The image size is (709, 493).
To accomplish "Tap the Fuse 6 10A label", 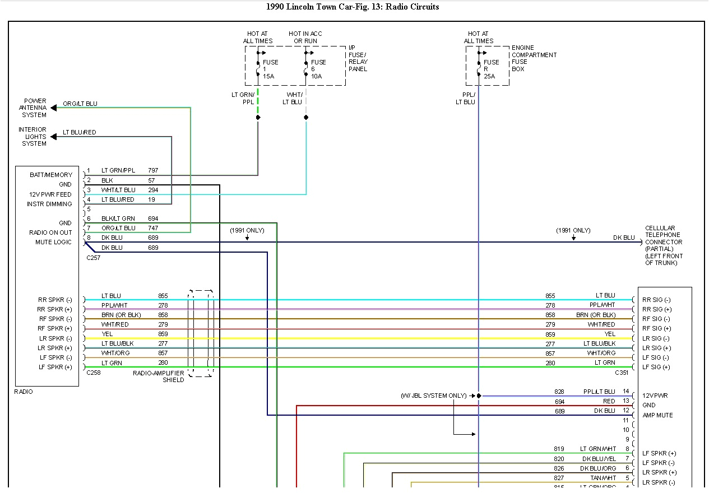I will tap(318, 69).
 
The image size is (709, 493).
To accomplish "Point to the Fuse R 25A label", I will tap(491, 69).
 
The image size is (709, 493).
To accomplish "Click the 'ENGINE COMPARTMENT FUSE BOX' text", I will tap(534, 58).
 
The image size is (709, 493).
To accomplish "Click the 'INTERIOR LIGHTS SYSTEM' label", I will tap(33, 137).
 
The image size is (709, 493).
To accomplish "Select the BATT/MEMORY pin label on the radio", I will tap(51, 175).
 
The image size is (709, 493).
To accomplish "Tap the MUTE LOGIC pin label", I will tap(53, 242).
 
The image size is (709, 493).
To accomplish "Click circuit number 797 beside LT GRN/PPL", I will tap(153, 170).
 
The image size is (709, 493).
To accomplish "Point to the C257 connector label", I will tap(93, 258).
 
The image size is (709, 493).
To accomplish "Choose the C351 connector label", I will tap(622, 373).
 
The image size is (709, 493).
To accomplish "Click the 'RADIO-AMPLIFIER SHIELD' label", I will tap(159, 376).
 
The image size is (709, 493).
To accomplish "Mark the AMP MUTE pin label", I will tap(657, 415).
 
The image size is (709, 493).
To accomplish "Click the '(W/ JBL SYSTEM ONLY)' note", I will tap(433, 396).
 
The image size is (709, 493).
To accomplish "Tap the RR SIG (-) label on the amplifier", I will tap(656, 300).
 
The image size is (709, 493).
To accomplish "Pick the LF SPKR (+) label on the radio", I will tap(55, 367).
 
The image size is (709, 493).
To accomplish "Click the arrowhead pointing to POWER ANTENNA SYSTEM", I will tap(54, 108).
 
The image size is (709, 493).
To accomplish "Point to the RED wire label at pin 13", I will tap(609, 401).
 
